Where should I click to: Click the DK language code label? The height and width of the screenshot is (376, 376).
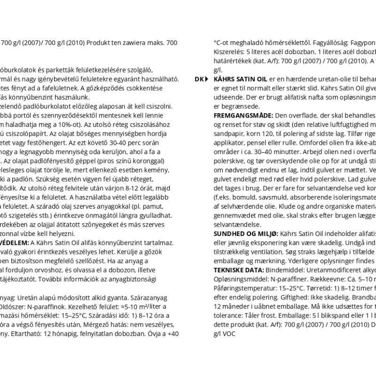198,79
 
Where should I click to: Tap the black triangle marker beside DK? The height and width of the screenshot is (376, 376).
207,79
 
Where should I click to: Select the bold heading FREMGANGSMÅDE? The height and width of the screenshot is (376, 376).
243,115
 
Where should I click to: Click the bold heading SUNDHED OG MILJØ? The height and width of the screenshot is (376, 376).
246,233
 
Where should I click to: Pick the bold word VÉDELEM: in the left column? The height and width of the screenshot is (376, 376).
14,243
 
